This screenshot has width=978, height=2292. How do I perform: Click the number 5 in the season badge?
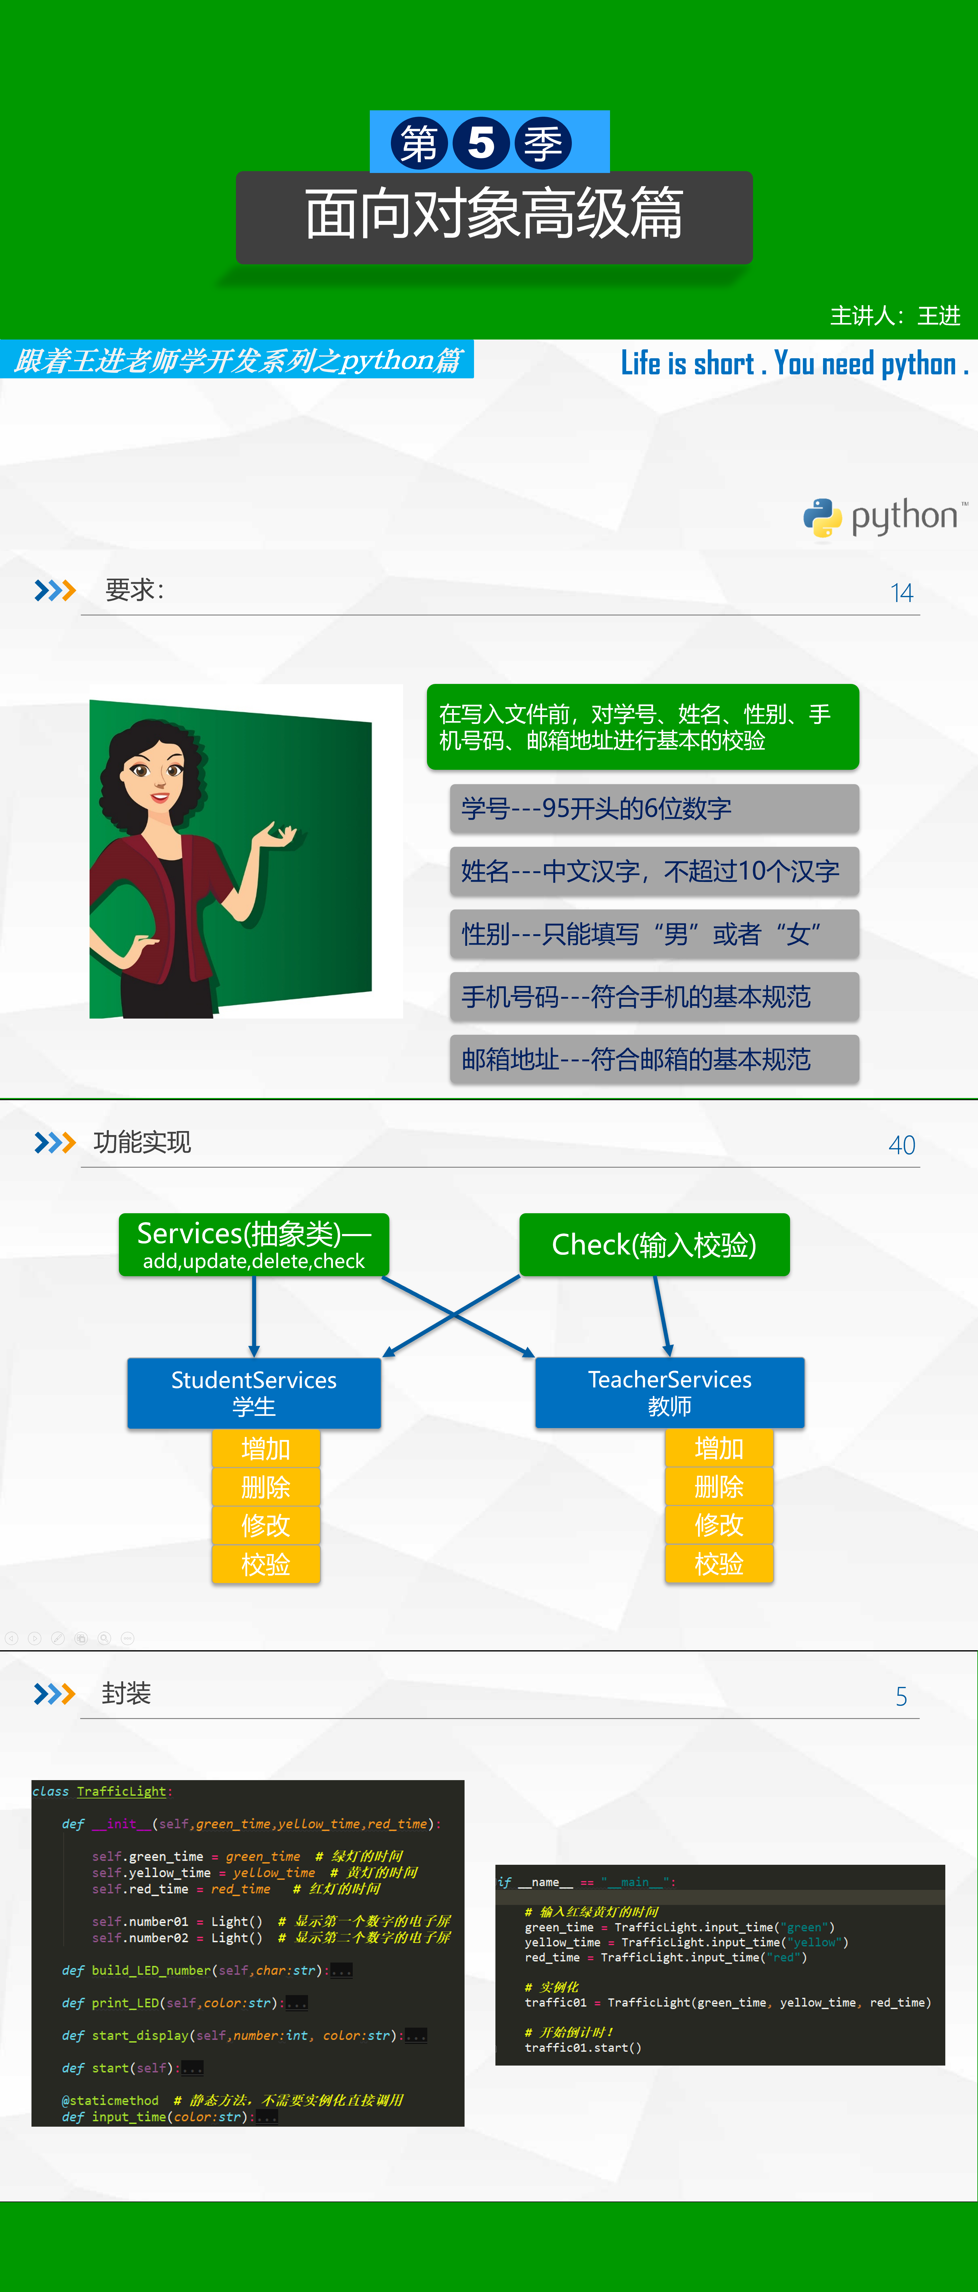point(480,142)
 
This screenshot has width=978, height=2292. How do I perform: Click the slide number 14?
point(902,593)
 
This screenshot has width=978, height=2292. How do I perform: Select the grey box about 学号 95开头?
point(654,808)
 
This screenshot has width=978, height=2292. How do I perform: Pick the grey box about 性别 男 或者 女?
point(654,933)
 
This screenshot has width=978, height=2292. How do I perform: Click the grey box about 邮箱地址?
point(654,1059)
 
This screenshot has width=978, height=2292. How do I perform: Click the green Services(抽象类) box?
point(255,1244)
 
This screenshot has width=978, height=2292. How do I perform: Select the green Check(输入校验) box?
point(654,1244)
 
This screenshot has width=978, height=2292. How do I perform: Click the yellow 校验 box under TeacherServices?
point(719,1563)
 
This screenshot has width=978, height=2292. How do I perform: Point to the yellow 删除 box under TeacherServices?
point(719,1486)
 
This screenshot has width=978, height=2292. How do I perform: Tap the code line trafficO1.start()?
point(583,2047)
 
